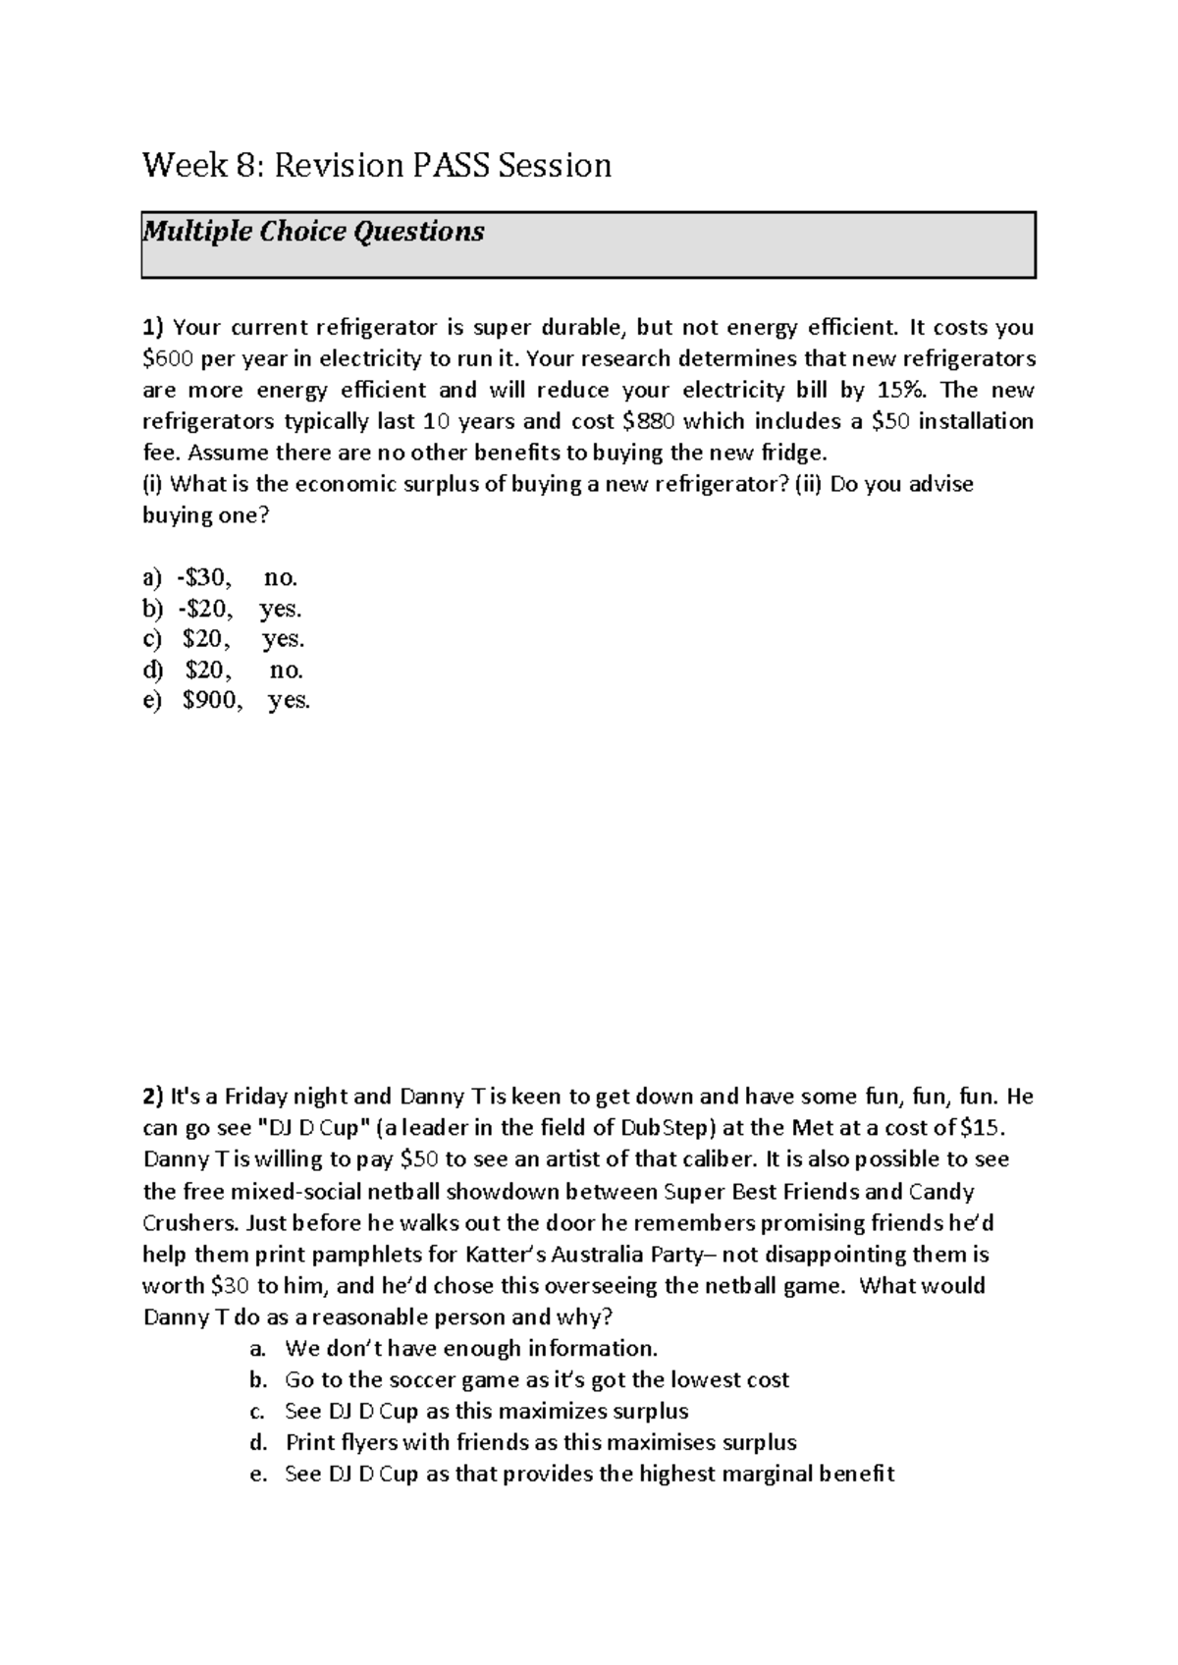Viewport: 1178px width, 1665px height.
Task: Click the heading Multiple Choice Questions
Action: tap(313, 232)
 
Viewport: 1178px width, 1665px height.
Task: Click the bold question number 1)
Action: tap(154, 327)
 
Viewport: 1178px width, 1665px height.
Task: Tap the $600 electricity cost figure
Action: tap(168, 358)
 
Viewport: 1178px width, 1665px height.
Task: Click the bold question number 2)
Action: tap(154, 1096)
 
